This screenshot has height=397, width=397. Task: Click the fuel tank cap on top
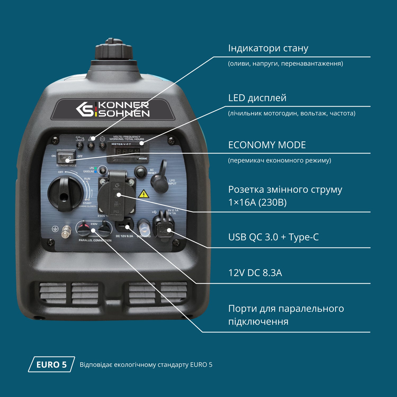[114, 50]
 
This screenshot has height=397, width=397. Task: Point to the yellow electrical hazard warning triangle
[143, 194]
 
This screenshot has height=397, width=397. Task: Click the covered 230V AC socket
[117, 195]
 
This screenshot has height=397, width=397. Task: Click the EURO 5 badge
[51, 364]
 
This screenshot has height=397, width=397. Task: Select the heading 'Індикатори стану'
[268, 48]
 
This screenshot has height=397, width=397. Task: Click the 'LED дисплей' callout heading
[257, 98]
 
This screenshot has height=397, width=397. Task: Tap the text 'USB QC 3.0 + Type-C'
[273, 237]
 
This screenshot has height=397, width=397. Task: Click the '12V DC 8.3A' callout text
[255, 273]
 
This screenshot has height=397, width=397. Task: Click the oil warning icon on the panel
[80, 138]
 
